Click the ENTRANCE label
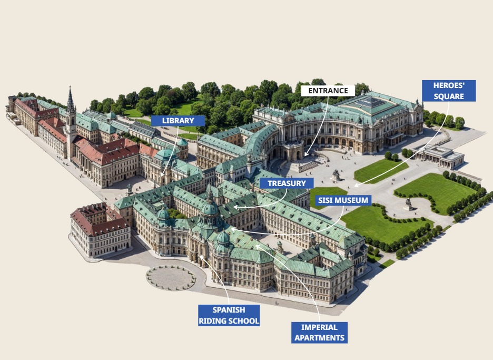coord(328,91)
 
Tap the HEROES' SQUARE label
coord(449,91)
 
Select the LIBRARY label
coord(178,121)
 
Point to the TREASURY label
coord(287,183)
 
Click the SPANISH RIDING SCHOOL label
coord(229,315)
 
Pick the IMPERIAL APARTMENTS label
coord(319,333)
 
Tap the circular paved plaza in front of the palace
coord(171,277)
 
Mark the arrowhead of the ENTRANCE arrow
coord(305,156)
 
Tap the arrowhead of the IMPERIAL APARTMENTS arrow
coord(257,246)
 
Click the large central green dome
coord(210,209)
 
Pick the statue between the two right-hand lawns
coord(408,203)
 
